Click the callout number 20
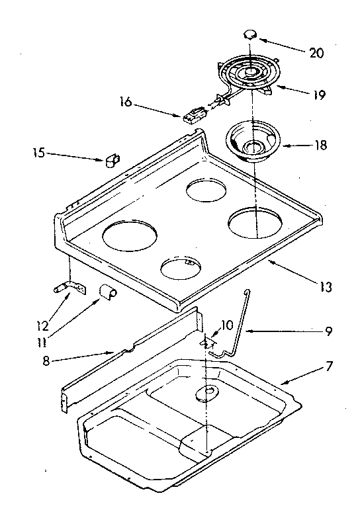tap(317, 54)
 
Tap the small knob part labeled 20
tap(250, 34)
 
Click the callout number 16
tap(126, 103)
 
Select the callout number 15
tap(38, 153)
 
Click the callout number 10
tap(227, 325)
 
